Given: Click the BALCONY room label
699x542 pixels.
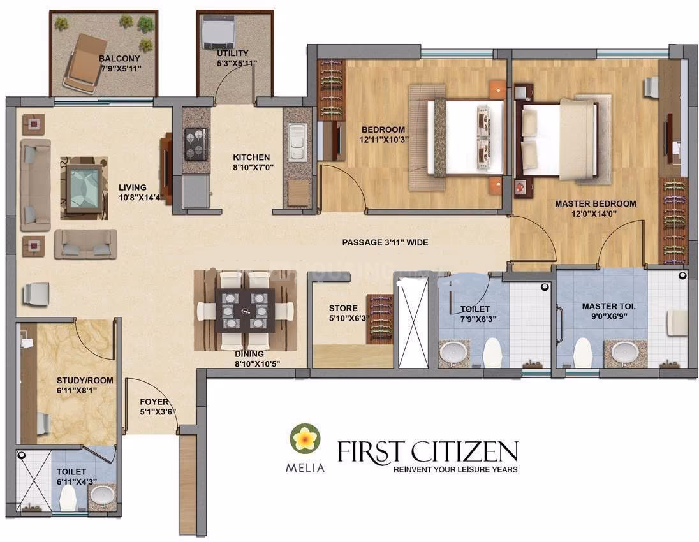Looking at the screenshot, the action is tap(119, 59).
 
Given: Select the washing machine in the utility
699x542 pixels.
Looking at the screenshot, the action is tap(216, 32).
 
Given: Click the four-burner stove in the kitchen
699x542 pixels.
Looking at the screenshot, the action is tap(196, 144).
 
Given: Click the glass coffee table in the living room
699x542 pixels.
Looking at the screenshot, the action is tap(84, 188).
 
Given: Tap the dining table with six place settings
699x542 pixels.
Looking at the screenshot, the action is tap(245, 311).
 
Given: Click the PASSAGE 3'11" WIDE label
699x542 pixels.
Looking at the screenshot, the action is tap(385, 242).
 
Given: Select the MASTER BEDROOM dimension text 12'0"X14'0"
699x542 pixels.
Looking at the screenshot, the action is tap(594, 214).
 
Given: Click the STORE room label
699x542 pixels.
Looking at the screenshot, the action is tap(343, 308).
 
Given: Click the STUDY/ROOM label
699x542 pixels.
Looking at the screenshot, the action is tap(85, 381).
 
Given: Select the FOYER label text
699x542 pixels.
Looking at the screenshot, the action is tap(154, 402).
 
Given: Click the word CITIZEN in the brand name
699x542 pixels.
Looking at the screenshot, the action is tap(464, 451).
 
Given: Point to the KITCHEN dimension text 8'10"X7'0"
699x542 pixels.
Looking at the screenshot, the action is tap(253, 167).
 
